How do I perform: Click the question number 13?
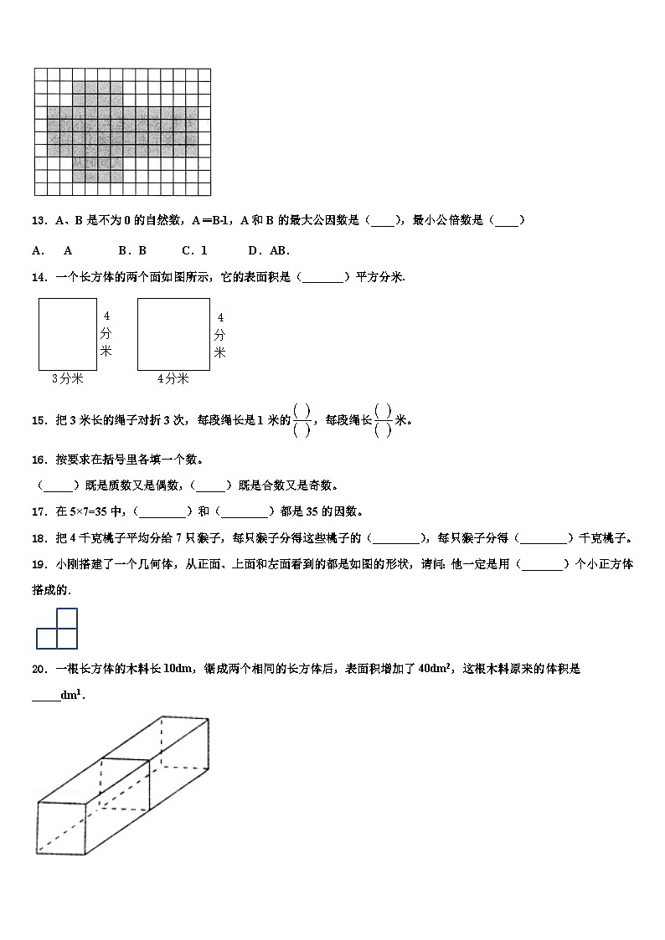click(x=38, y=221)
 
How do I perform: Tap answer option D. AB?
click(x=269, y=250)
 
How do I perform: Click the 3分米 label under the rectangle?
click(x=67, y=378)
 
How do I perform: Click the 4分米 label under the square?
click(x=173, y=378)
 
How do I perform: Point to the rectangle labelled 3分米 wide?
click(x=67, y=334)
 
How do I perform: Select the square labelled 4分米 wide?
click(x=173, y=334)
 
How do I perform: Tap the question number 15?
click(x=38, y=420)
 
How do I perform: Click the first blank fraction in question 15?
click(x=303, y=420)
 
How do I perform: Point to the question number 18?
click(x=38, y=537)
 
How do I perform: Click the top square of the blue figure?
click(x=67, y=619)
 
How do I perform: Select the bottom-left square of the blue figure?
click(x=47, y=639)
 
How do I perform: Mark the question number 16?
click(x=38, y=460)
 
